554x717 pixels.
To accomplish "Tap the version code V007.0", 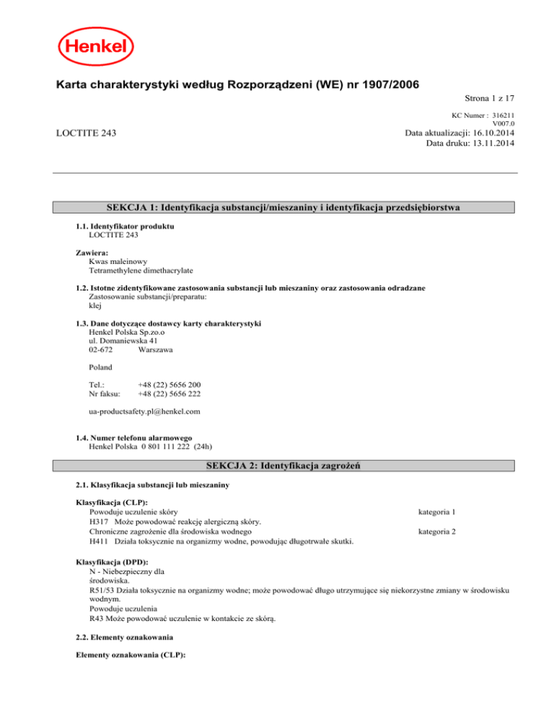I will point(503,123).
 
